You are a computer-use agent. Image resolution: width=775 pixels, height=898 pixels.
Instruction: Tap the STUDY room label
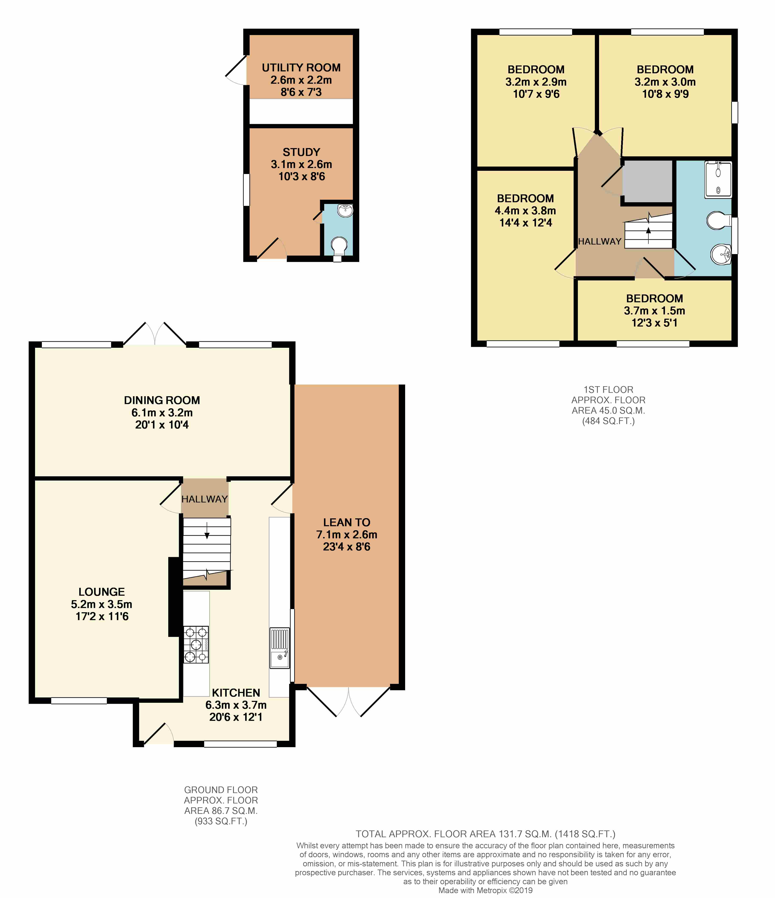click(301, 152)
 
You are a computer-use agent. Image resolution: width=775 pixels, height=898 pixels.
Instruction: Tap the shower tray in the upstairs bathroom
click(718, 180)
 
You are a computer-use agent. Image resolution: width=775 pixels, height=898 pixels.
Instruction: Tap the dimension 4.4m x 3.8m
click(525, 211)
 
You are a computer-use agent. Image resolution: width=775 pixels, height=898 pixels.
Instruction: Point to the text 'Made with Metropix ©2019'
click(485, 891)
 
